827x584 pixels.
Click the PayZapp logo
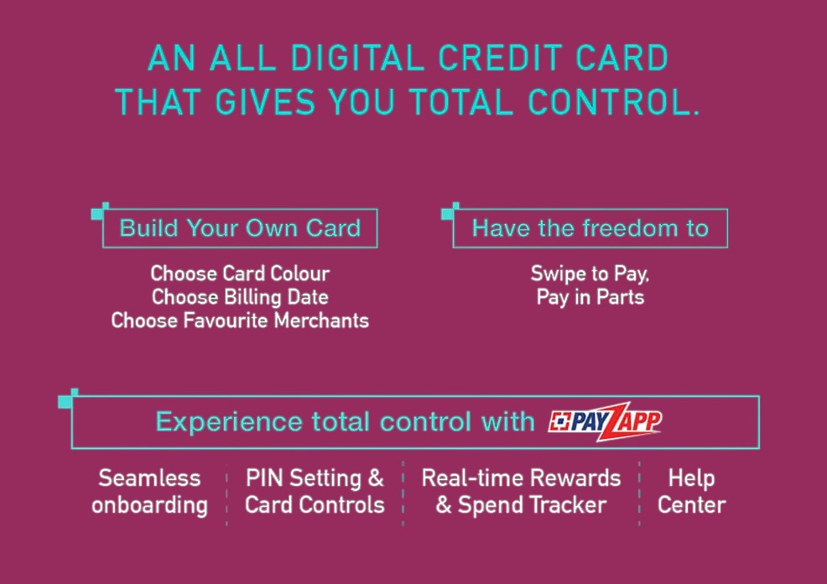point(604,421)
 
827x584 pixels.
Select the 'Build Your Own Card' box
point(240,228)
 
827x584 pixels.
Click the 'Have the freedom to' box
point(590,228)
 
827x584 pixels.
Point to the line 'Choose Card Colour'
point(240,274)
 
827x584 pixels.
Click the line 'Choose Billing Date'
point(240,297)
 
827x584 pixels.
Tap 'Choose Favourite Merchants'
point(240,321)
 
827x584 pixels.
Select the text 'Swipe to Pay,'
point(590,274)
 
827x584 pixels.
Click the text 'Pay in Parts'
point(590,297)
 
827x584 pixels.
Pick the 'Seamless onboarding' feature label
point(149,492)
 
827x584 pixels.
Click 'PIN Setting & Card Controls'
point(315,492)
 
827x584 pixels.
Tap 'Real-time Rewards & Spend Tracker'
point(521,492)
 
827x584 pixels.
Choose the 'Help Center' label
point(691,492)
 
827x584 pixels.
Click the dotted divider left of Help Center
point(639,492)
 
